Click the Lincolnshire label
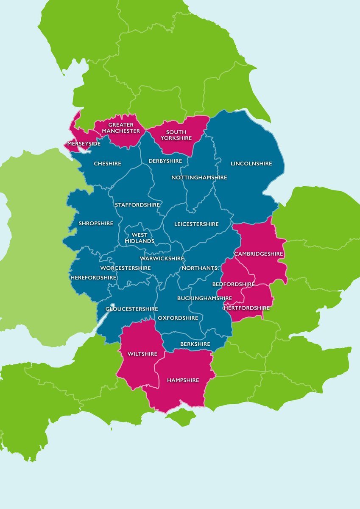coord(251,164)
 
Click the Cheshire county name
coord(107,164)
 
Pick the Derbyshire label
coord(165,161)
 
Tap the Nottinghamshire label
coord(199,177)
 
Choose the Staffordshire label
coord(137,205)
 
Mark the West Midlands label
coord(140,238)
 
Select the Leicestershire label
coord(196,224)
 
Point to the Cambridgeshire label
coord(258,254)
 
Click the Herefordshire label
coord(93,277)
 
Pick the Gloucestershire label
coord(131,309)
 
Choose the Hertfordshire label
coord(246,308)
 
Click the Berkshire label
coord(195,344)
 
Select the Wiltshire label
coord(142,354)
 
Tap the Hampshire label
coord(183,380)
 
